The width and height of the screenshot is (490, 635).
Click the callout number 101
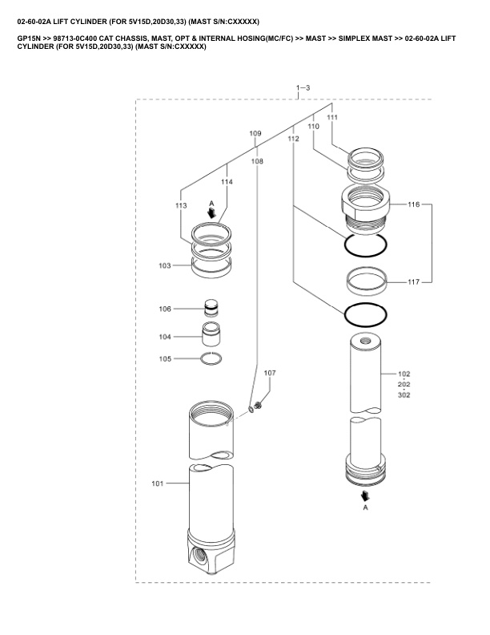pyautogui.click(x=157, y=483)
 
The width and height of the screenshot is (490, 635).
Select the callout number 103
pyautogui.click(x=164, y=265)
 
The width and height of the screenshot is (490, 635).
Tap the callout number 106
pyautogui.click(x=164, y=309)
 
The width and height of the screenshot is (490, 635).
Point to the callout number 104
pyautogui.click(x=164, y=337)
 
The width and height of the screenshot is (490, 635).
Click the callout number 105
pyautogui.click(x=164, y=358)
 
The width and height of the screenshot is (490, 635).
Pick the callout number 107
pyautogui.click(x=270, y=374)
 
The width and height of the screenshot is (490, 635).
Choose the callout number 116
pyautogui.click(x=413, y=206)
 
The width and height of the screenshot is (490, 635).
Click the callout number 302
pyautogui.click(x=404, y=394)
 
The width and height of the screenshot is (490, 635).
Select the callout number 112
pyautogui.click(x=293, y=140)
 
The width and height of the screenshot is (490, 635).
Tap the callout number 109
pyautogui.click(x=255, y=133)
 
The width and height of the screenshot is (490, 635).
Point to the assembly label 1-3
pyautogui.click(x=303, y=87)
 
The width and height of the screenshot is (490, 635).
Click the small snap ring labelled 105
pyautogui.click(x=211, y=358)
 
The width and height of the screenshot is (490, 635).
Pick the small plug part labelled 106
pyautogui.click(x=211, y=307)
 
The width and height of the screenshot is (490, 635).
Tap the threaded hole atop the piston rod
pyautogui.click(x=369, y=340)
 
